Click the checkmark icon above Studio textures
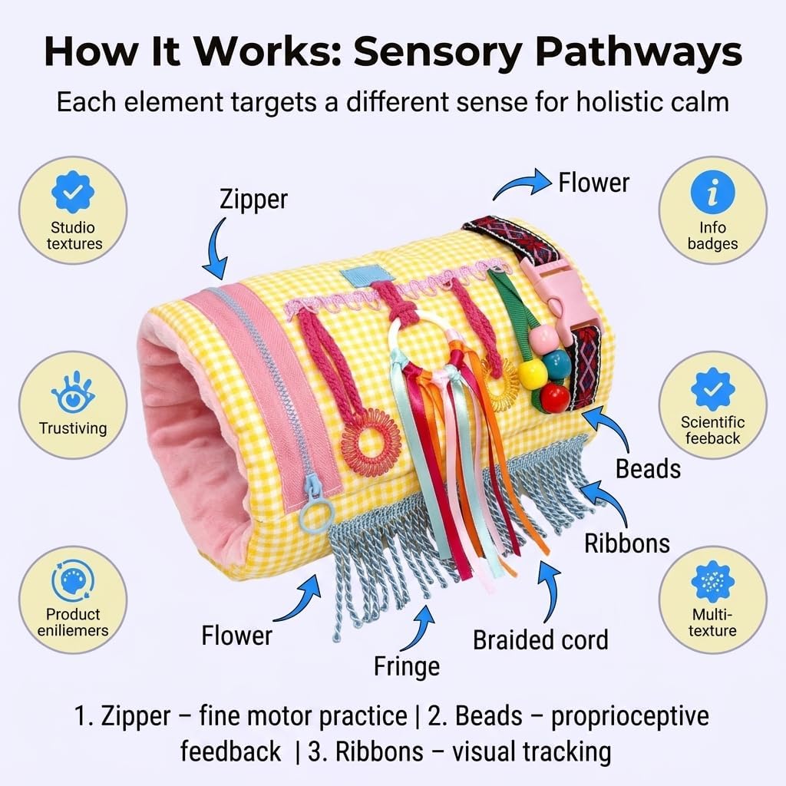coord(73,192)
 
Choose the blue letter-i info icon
coord(712,193)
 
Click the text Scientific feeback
coord(712,430)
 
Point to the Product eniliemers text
coord(73,622)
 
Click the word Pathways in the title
coord(639,51)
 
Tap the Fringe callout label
coord(407,667)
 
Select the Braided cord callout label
coord(540,640)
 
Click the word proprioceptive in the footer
coord(630,716)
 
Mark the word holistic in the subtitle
coord(618,102)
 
